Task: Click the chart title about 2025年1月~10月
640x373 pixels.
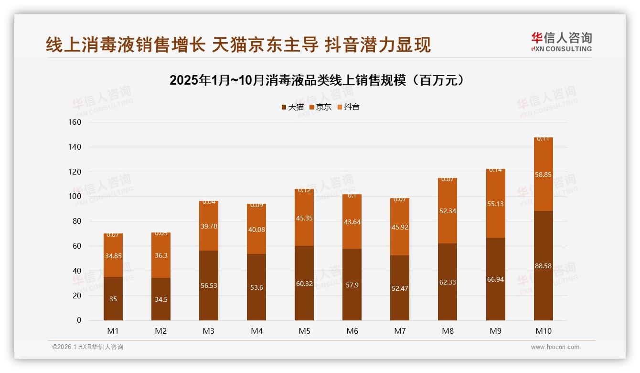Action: (317, 80)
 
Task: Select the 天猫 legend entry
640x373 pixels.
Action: (292, 107)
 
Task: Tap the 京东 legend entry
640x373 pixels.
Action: (320, 107)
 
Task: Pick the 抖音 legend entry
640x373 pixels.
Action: (348, 107)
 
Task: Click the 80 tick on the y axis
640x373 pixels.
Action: (76, 221)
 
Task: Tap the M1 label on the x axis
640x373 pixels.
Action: (113, 331)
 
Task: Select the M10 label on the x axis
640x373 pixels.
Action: (543, 331)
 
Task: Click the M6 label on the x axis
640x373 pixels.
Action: (352, 331)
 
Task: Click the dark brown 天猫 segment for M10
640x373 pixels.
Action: (543, 287)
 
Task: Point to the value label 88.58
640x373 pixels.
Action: (543, 266)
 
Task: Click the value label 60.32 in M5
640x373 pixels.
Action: (304, 283)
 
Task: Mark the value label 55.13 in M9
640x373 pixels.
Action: (495, 204)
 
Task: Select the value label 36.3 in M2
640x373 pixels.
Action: (161, 256)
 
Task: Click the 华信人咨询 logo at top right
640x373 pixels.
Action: (561, 42)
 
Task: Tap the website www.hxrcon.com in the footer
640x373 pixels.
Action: (555, 347)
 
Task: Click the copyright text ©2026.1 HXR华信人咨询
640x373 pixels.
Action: (88, 347)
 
